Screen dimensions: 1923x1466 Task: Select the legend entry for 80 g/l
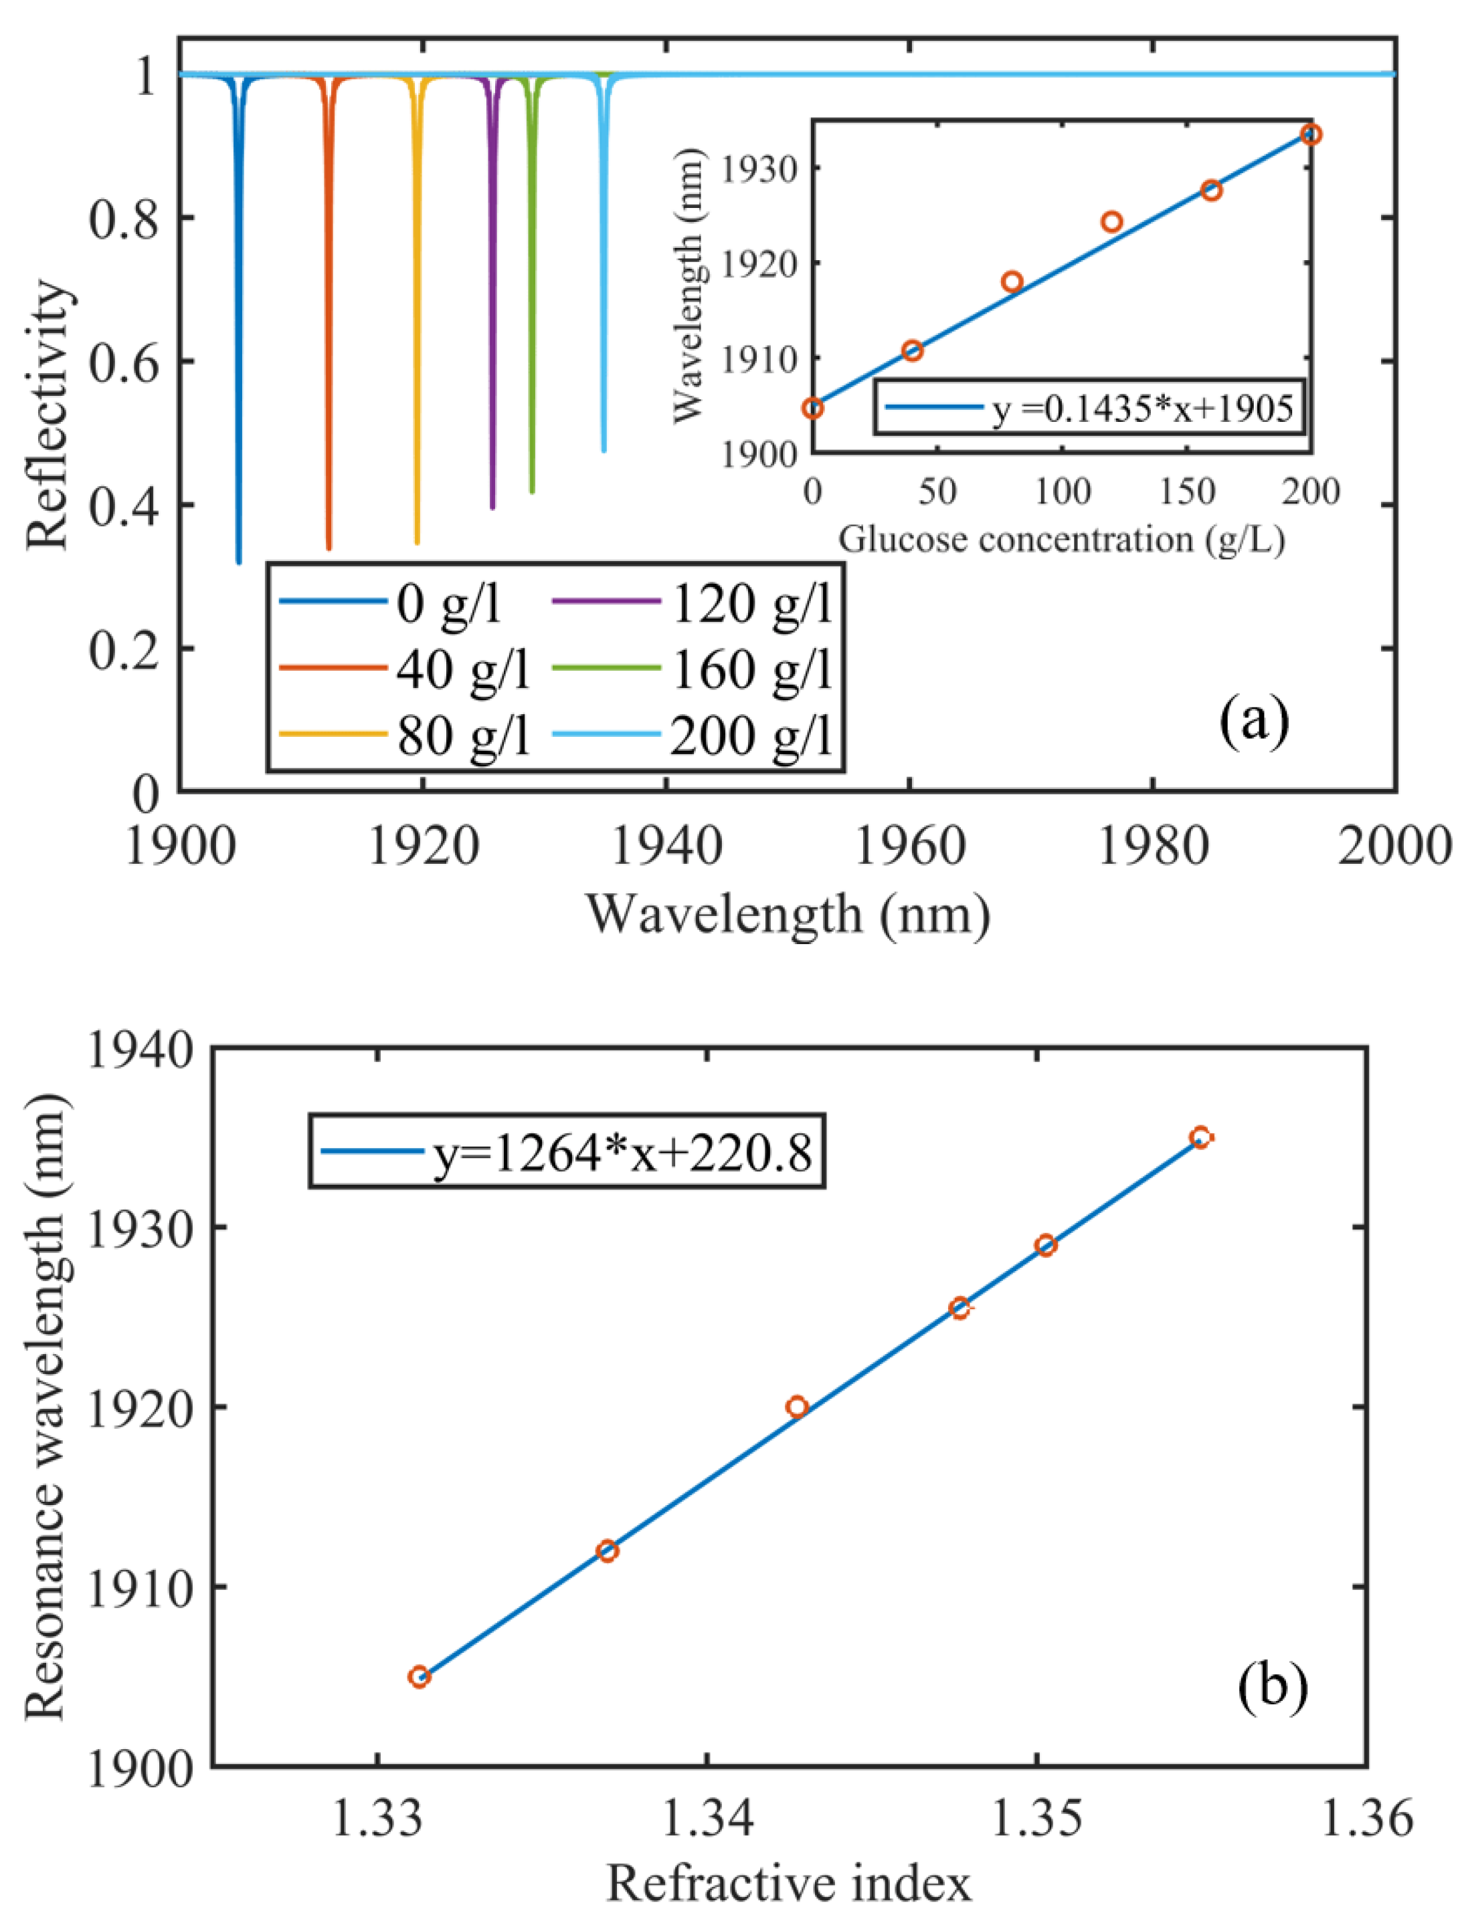[462, 737]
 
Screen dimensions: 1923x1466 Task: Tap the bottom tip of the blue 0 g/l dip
[239, 562]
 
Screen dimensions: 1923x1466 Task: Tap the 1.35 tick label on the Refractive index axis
[1036, 1817]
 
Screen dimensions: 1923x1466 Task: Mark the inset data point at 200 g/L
[1311, 134]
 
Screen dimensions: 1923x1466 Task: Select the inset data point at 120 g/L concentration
[1112, 221]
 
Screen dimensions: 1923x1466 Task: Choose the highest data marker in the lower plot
[1201, 1137]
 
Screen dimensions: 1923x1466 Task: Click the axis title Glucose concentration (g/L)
[1061, 540]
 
